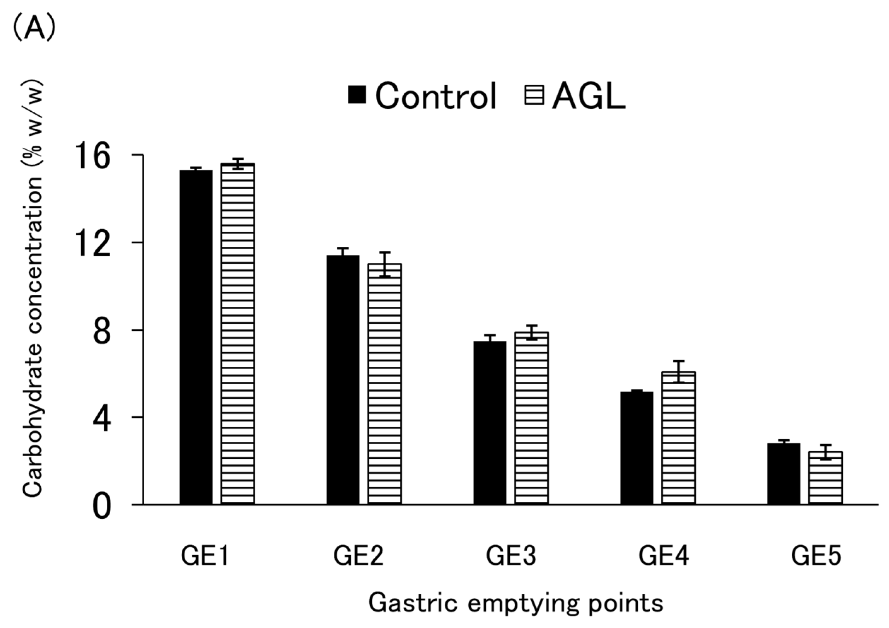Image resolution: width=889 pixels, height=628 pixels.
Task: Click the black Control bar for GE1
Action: pyautogui.click(x=196, y=337)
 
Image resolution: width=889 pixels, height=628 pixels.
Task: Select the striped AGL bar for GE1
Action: pyautogui.click(x=238, y=334)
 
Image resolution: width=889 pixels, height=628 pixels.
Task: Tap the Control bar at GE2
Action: pyautogui.click(x=343, y=380)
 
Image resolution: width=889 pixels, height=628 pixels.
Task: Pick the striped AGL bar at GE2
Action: pyautogui.click(x=385, y=383)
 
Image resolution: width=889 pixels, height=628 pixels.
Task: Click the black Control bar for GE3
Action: pyautogui.click(x=490, y=422)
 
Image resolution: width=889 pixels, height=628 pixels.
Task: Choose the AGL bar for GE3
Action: pyautogui.click(x=532, y=418)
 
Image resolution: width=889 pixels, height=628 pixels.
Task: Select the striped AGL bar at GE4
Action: pyautogui.click(x=678, y=438)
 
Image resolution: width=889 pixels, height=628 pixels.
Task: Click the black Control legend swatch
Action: pyautogui.click(x=357, y=95)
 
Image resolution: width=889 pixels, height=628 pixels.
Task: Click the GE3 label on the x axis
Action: pyautogui.click(x=511, y=556)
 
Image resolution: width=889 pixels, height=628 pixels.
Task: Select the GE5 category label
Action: pyautogui.click(x=816, y=556)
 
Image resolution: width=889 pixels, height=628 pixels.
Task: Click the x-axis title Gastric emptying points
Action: pyautogui.click(x=515, y=603)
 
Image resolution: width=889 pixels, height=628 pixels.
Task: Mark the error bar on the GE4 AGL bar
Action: pyautogui.click(x=678, y=371)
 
